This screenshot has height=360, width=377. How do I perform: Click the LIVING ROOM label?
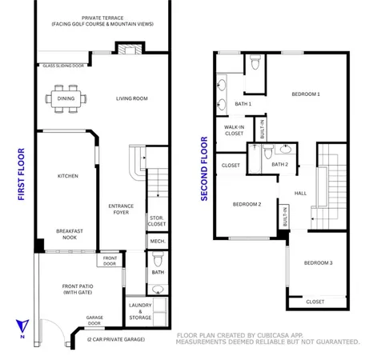pos(131,99)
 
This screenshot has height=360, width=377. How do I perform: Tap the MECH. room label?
pos(157,241)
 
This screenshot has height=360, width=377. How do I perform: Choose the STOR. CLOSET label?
pos(157,221)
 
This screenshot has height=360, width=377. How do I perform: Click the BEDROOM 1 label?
pos(305,94)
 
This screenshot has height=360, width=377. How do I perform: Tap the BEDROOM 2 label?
pos(247,204)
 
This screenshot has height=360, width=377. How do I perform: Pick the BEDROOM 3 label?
pos(318,263)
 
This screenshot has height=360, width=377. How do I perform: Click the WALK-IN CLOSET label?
pos(234,130)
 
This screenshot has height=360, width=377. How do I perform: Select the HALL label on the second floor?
pos(300,193)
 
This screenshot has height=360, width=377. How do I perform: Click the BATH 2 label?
pos(279,165)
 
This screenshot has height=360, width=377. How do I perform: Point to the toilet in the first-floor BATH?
pos(158,258)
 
